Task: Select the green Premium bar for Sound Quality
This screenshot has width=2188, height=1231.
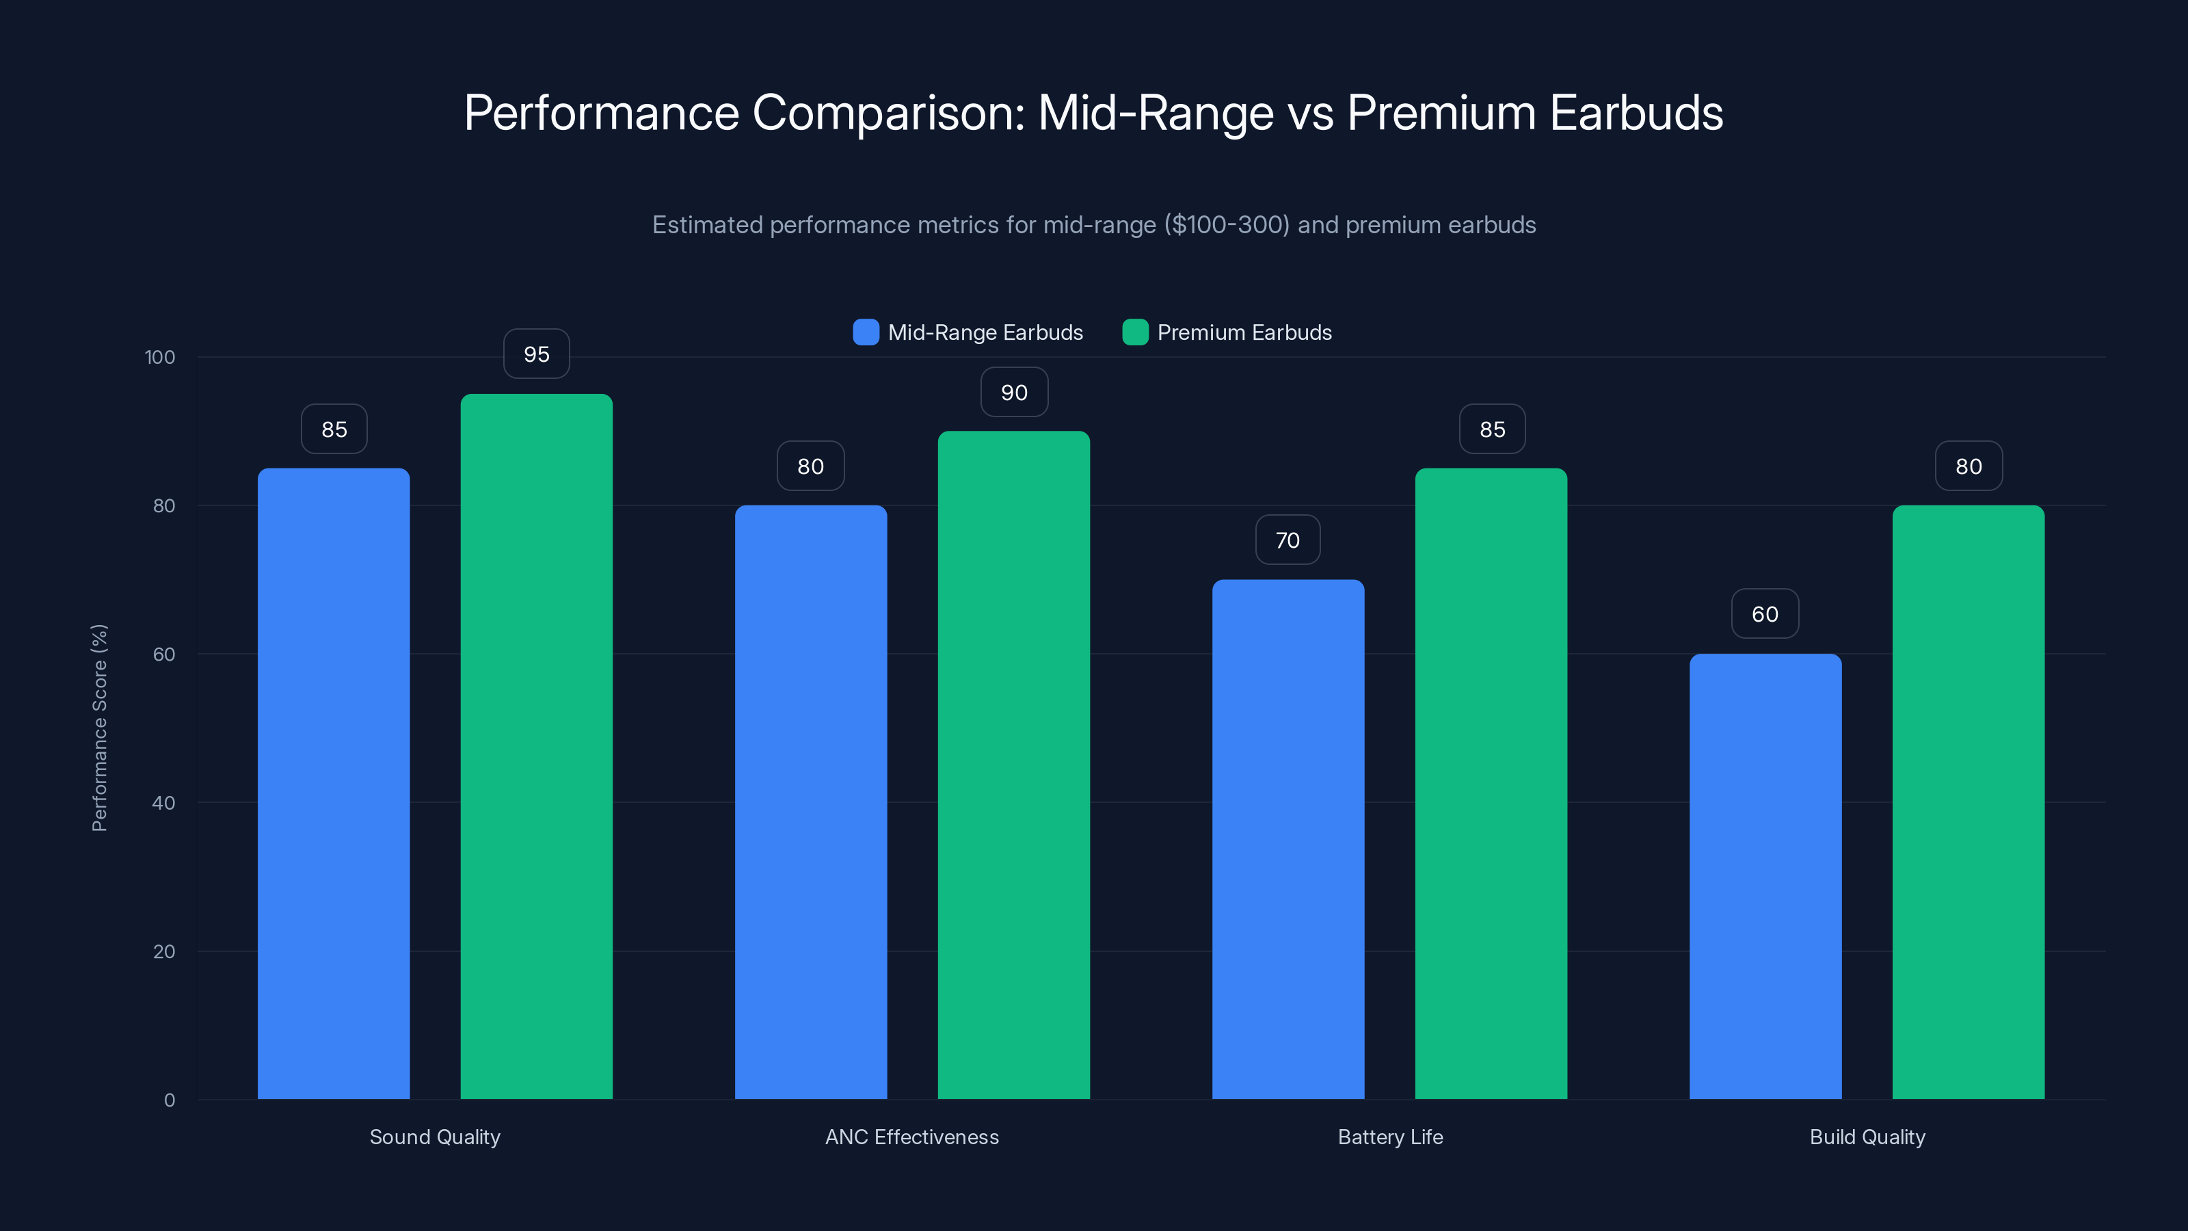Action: pos(536,746)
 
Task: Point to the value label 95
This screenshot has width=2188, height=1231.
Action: pos(536,354)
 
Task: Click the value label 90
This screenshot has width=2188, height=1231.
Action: pos(1014,393)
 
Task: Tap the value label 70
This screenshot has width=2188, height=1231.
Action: pos(1288,540)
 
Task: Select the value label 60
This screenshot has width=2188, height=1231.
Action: pos(1765,614)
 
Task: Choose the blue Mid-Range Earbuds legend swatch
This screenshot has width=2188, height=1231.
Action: pos(866,332)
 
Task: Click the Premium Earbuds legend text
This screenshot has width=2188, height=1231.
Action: pos(1244,332)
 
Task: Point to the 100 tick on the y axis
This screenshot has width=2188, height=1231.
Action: pos(160,357)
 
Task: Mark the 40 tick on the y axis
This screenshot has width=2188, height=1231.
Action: pos(164,803)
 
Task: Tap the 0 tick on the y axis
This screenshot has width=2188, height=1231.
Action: pos(169,1100)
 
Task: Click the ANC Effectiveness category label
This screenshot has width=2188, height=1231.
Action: pos(911,1137)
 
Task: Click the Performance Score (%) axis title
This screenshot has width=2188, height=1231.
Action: pos(99,728)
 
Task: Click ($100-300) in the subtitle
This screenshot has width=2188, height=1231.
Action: pos(1227,225)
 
